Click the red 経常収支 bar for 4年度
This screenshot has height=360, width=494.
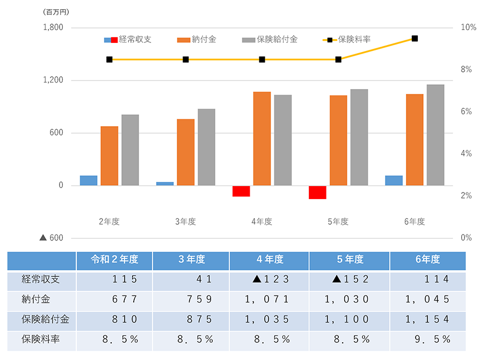(241, 191)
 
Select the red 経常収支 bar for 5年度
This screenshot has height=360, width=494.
(317, 192)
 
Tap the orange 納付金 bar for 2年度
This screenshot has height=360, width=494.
(110, 156)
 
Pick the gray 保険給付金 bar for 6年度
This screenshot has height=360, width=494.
(435, 135)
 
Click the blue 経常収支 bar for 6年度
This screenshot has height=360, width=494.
(394, 180)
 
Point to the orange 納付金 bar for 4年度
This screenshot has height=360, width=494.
(262, 138)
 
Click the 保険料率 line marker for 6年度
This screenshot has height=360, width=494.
(415, 39)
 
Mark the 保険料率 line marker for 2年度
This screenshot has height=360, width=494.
(110, 60)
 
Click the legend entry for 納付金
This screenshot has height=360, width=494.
(197, 39)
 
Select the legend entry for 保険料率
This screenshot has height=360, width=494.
(346, 39)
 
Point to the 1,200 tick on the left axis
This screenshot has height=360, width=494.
(53, 80)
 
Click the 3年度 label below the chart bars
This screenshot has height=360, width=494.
(185, 222)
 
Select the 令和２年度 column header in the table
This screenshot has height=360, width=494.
(114, 260)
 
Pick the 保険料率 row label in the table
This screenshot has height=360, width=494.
(38, 339)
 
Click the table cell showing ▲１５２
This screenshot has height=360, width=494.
(350, 279)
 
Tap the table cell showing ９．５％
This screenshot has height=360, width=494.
(427, 339)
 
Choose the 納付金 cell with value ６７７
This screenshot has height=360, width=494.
(114, 299)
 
